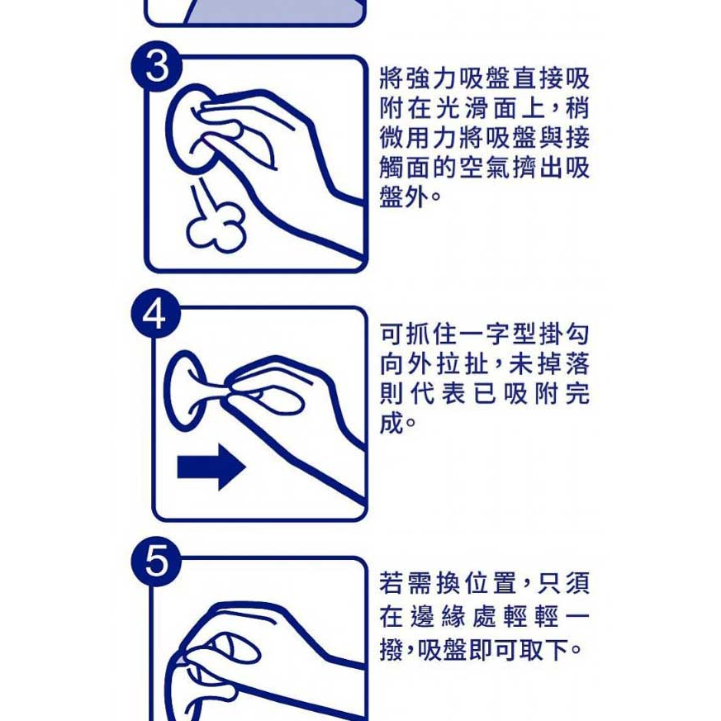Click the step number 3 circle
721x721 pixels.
157,67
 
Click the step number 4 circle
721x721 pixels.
155,315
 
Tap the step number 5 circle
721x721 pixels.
156,562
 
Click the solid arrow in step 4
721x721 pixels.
211,467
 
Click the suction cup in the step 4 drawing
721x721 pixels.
187,391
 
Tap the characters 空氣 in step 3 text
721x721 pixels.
484,167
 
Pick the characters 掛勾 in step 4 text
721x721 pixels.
564,334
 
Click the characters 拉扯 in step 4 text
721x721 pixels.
462,364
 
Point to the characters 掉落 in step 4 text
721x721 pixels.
564,364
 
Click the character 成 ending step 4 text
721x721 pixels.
391,423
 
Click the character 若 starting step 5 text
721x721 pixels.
391,583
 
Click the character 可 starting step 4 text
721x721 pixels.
391,334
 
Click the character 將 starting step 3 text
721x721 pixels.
391,78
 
